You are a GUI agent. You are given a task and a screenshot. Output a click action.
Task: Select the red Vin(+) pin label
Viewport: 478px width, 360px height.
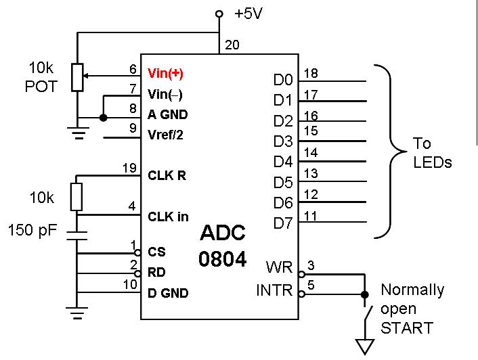click(165, 72)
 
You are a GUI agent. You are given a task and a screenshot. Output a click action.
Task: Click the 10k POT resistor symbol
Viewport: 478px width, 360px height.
click(78, 76)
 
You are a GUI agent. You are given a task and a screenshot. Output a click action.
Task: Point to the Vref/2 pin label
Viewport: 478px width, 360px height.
click(165, 135)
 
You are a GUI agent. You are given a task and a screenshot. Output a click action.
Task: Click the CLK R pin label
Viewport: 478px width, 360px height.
click(167, 175)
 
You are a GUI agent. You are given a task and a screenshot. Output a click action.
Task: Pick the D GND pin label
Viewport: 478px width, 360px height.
click(168, 293)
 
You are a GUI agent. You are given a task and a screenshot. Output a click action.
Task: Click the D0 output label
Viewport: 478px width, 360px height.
click(282, 81)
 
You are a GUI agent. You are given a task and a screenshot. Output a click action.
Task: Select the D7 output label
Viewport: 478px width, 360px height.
click(282, 222)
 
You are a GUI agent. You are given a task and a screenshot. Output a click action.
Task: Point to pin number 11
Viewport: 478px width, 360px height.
click(311, 215)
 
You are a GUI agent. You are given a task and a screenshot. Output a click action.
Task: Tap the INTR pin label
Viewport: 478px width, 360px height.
click(274, 291)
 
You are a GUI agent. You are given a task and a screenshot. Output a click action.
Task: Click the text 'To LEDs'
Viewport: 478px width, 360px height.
click(433, 154)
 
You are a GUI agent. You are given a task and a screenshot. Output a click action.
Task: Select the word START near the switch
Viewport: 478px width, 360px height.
click(407, 328)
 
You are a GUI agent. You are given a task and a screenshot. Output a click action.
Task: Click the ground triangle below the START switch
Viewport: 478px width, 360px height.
click(366, 348)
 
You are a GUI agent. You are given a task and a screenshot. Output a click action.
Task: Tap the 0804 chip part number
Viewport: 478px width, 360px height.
click(222, 260)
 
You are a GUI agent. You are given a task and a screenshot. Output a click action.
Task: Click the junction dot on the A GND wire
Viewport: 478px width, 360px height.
click(103, 118)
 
